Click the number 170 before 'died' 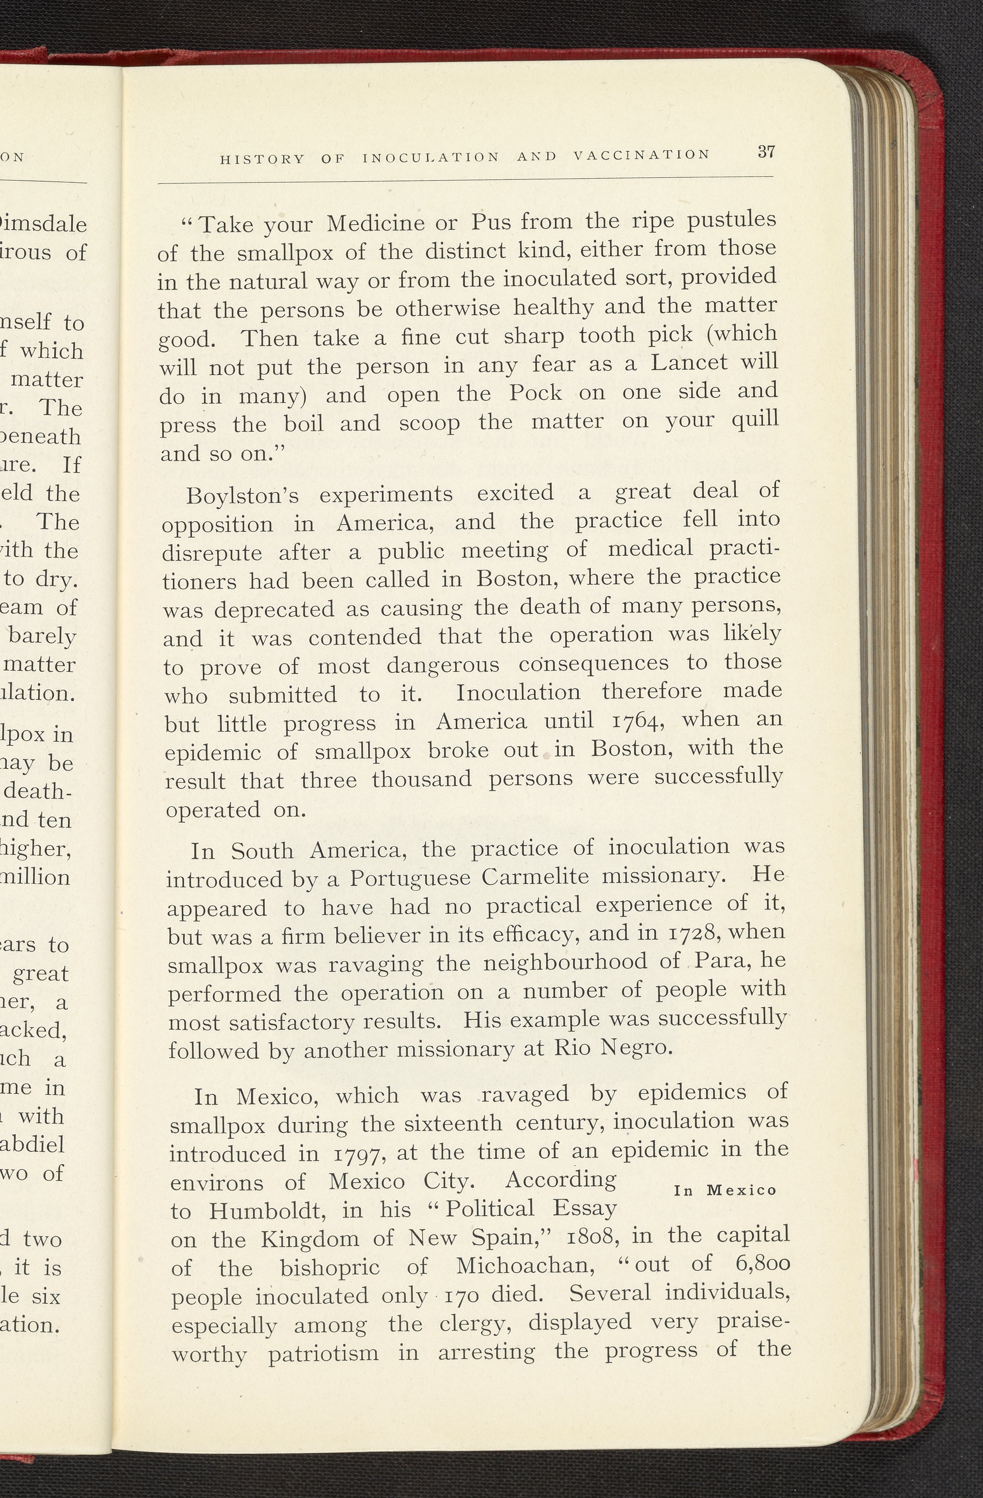463,1295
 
